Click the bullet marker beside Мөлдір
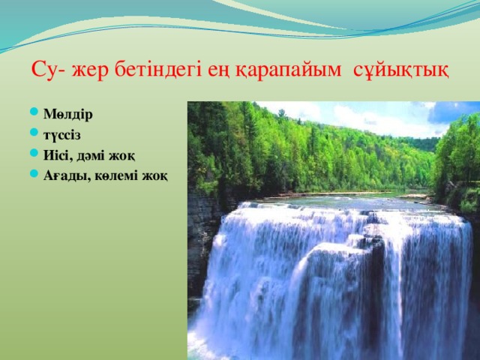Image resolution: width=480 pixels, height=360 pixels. [36, 115]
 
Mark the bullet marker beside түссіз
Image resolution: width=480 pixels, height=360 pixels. [36, 135]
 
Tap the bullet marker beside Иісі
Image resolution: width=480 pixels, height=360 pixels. [36, 155]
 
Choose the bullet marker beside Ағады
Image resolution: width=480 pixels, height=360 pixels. [36, 175]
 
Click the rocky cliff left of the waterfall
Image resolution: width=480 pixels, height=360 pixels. [201, 240]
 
